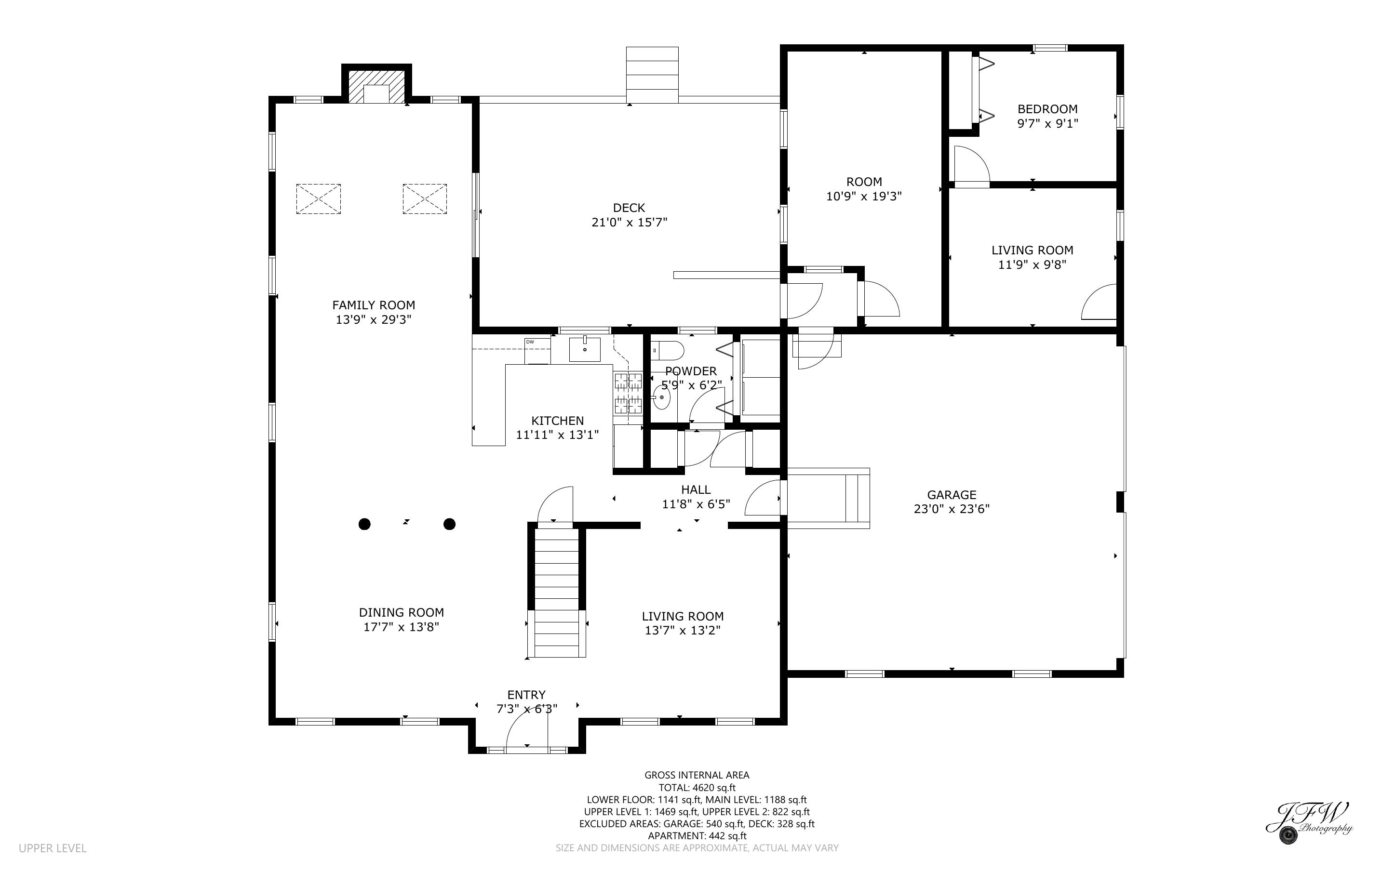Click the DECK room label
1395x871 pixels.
point(629,208)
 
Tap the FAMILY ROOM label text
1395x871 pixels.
point(374,305)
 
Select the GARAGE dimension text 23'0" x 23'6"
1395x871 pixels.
point(952,509)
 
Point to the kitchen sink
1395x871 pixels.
point(585,350)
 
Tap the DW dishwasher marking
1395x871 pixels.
point(530,342)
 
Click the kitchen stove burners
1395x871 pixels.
point(628,394)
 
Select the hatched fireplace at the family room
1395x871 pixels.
point(376,87)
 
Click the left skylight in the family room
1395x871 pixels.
point(318,199)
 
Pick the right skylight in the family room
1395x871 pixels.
point(425,199)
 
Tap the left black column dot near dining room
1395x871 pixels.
point(364,524)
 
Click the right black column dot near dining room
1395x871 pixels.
point(449,524)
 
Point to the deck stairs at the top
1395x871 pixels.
point(652,75)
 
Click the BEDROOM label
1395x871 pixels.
point(1047,109)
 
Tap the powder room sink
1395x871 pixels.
point(662,397)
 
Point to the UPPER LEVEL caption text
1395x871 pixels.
point(53,848)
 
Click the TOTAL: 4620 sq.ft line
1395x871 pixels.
point(697,788)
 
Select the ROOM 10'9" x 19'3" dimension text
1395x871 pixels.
point(864,197)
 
